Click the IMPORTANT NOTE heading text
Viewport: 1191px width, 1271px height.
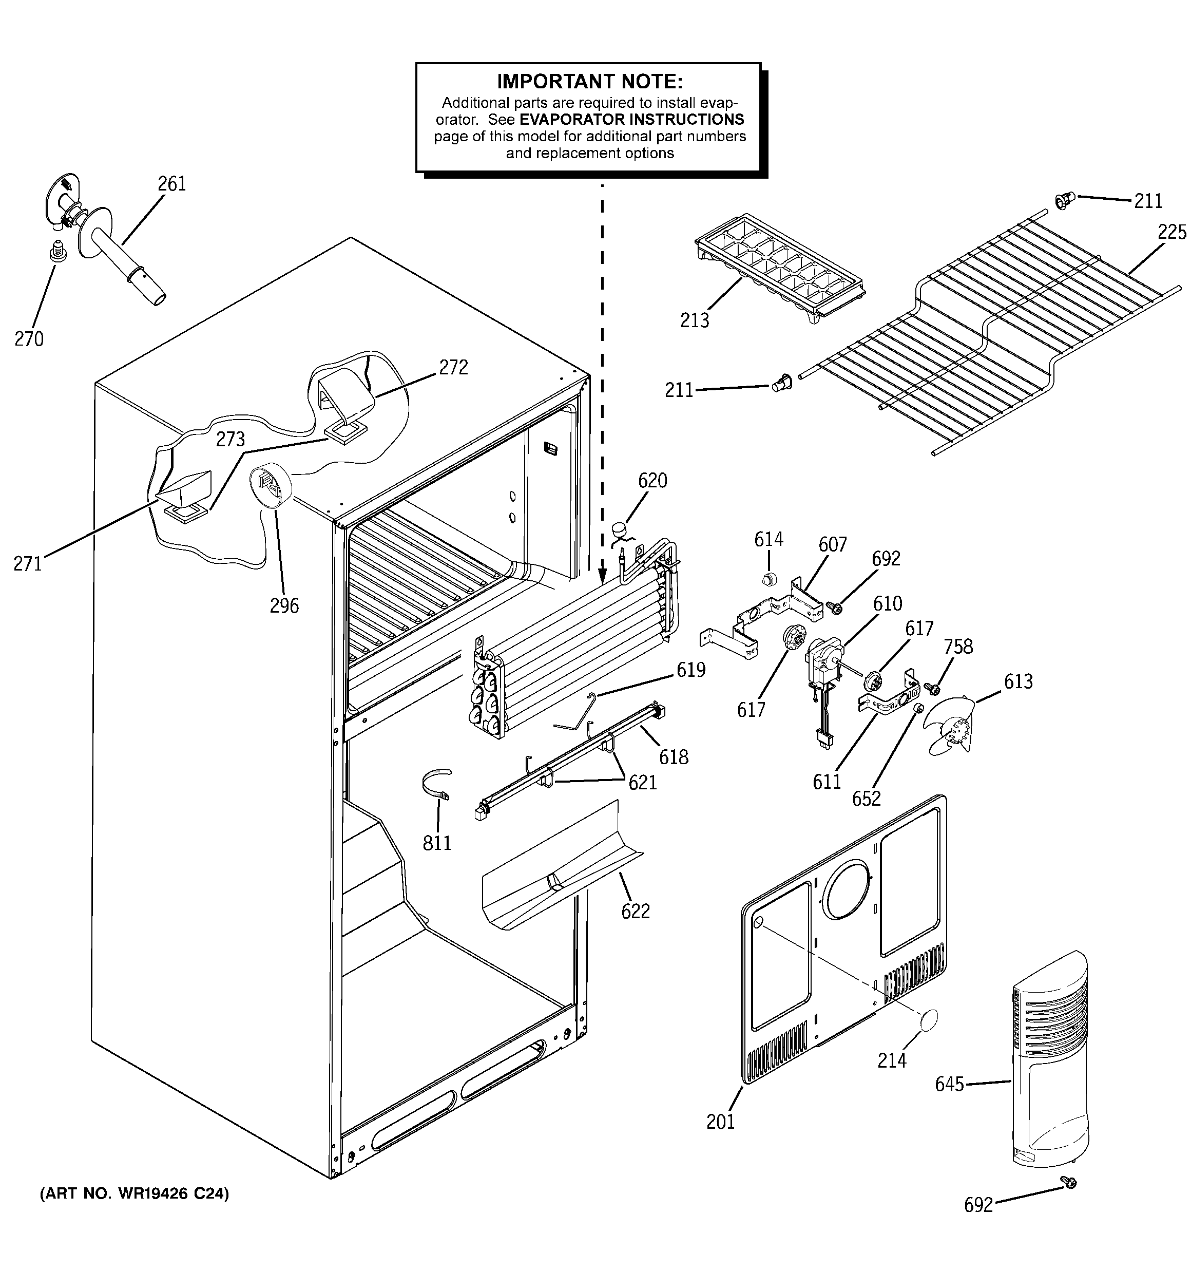(x=589, y=81)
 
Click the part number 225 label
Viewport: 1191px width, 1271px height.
(x=1171, y=232)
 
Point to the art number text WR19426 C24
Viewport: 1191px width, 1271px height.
(x=135, y=1193)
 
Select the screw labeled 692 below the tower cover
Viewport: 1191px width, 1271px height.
(x=1068, y=1183)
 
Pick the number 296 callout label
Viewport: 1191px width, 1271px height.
(x=284, y=605)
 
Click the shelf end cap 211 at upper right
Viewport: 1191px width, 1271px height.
(x=1063, y=201)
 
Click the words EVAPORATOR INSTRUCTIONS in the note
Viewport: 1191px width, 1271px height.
(x=631, y=120)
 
